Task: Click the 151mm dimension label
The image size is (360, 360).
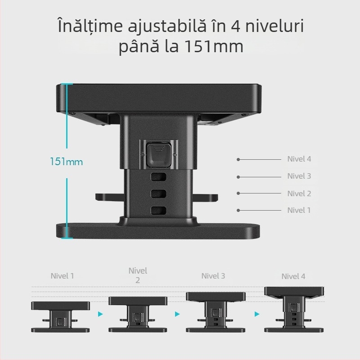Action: tap(67, 162)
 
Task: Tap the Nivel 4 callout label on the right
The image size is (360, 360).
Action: tap(299, 159)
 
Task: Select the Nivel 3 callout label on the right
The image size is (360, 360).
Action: tap(299, 176)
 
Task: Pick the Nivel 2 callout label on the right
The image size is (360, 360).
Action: tap(299, 193)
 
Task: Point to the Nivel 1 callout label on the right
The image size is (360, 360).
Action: tap(299, 210)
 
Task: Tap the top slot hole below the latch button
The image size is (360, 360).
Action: tap(158, 177)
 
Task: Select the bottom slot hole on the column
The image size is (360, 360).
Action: tap(158, 210)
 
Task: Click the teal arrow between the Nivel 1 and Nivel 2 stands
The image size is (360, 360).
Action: tap(100, 314)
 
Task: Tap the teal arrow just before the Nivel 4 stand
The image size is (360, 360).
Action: tap(257, 314)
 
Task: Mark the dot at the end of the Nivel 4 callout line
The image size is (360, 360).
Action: tap(238, 159)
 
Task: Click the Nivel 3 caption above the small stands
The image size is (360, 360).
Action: tap(213, 276)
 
